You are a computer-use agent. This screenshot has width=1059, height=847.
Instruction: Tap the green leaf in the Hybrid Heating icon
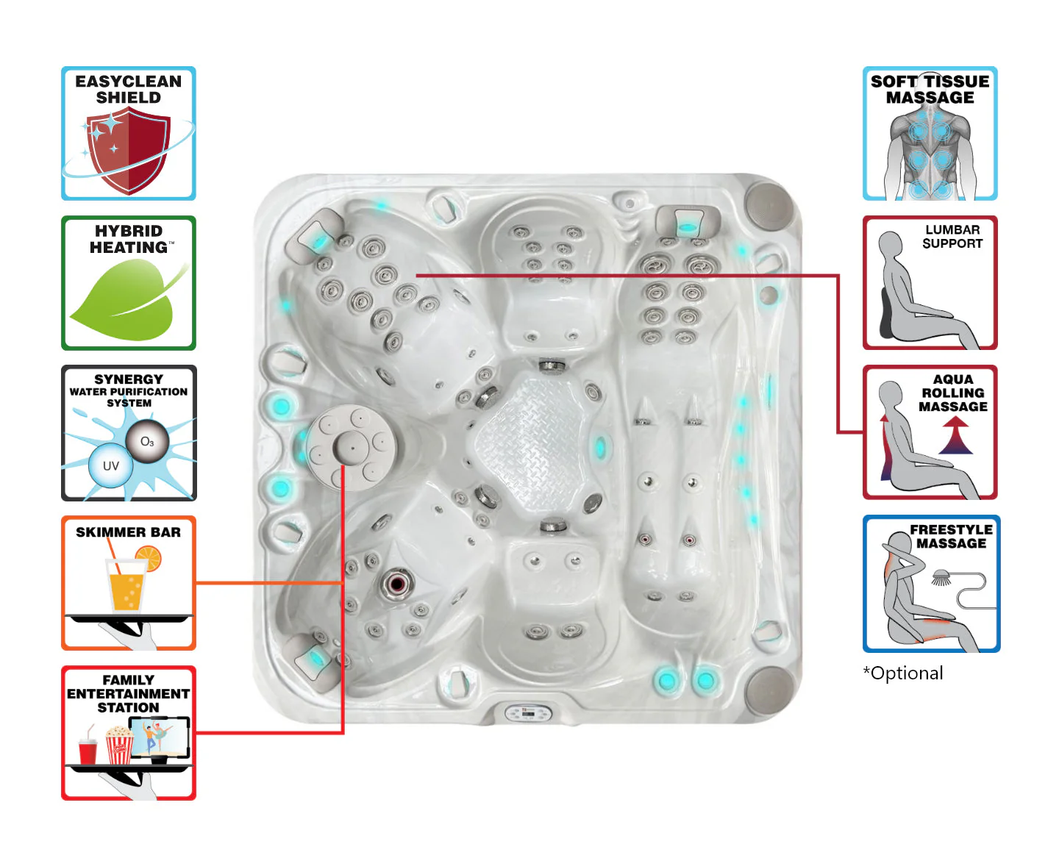tap(126, 300)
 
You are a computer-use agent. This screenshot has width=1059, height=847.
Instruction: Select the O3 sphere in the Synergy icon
tap(147, 441)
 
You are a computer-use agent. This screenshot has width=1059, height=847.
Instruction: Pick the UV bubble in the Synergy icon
tap(110, 465)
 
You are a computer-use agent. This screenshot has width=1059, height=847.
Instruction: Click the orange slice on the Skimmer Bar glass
tap(148, 559)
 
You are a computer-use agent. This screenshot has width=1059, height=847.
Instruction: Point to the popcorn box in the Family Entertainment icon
tap(120, 746)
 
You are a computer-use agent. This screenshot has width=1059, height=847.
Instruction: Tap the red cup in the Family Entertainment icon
tap(88, 751)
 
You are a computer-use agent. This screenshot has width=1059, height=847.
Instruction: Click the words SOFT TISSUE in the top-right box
tap(930, 81)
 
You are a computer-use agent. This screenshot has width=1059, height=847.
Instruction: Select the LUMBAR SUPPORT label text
tap(952, 237)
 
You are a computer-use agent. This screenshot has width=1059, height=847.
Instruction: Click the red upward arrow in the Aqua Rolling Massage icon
tap(955, 435)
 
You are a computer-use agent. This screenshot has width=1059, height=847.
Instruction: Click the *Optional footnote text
tap(903, 673)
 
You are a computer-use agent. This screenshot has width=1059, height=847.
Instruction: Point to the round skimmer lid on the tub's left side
tap(352, 447)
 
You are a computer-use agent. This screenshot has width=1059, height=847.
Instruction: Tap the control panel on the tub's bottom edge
tap(528, 713)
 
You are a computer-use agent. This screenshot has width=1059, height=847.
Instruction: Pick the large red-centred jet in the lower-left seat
tap(396, 585)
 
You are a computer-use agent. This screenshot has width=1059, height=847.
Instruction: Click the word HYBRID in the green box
tap(129, 231)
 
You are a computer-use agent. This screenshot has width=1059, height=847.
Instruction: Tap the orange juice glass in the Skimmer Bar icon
tap(126, 586)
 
